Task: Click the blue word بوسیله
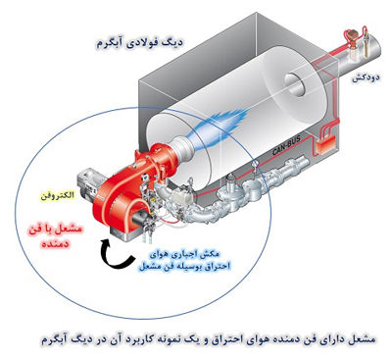(x=185, y=265)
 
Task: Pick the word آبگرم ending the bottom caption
(x=57, y=337)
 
